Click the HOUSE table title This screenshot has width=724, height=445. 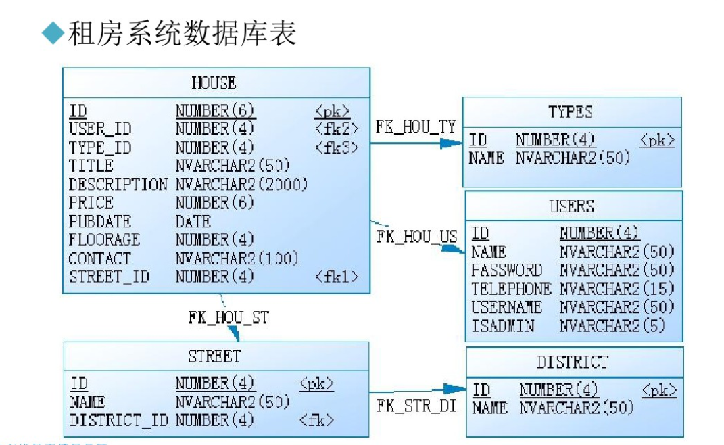click(214, 83)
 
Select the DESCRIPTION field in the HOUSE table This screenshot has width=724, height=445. click(118, 184)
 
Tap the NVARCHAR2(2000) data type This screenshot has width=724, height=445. click(241, 184)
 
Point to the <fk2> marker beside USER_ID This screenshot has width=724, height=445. click(336, 128)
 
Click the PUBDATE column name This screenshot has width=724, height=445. click(99, 221)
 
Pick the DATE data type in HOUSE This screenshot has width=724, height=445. click(193, 221)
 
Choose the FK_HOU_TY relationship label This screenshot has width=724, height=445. click(415, 126)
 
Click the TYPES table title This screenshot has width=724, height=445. click(571, 112)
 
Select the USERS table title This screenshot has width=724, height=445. click(572, 206)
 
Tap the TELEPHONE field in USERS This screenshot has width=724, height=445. click(510, 289)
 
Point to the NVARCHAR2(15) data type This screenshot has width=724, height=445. click(617, 289)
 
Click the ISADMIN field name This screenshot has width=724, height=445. click(502, 326)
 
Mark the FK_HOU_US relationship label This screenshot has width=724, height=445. click(416, 237)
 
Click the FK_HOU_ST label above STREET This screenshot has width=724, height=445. click(228, 317)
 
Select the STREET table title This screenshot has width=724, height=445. click(214, 356)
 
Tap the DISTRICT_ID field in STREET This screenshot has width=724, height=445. click(119, 420)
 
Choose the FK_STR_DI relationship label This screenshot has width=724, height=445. click(416, 406)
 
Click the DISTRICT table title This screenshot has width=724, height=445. click(573, 362)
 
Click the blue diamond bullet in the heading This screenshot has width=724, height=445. click(52, 33)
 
